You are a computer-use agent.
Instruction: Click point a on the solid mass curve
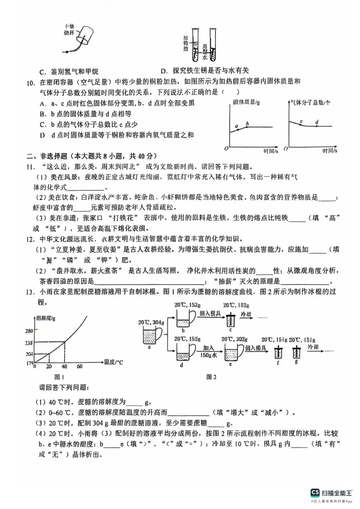tap(238, 129)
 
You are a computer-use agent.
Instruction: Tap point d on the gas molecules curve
tap(316, 126)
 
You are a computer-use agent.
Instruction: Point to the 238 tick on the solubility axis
tap(29, 343)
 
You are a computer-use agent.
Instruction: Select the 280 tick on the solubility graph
tap(29, 331)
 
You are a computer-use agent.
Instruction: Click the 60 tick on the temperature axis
tap(80, 366)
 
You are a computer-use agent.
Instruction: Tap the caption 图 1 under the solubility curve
tap(59, 377)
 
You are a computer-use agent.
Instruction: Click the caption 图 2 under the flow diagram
tap(211, 377)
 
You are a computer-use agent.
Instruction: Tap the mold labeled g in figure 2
tap(296, 352)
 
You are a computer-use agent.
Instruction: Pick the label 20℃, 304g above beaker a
tap(151, 322)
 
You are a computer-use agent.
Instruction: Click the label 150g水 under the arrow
tap(209, 355)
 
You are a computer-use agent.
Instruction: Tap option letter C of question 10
tap(43, 125)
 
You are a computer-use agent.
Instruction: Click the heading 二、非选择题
tap(47, 156)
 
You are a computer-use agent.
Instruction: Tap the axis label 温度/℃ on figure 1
tap(114, 362)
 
